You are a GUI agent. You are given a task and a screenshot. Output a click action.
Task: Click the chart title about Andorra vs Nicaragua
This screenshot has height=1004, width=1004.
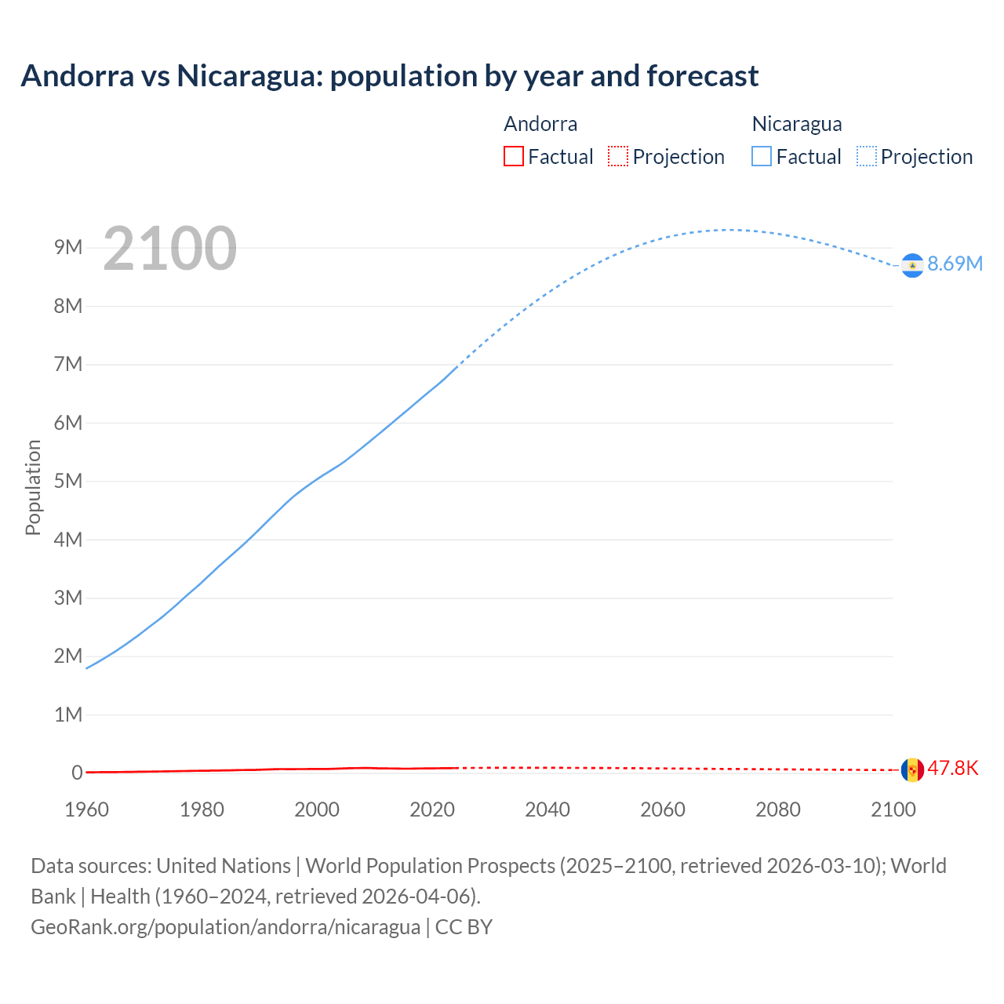click(x=389, y=76)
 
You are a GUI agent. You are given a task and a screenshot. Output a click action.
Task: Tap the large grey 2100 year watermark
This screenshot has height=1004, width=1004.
click(x=169, y=249)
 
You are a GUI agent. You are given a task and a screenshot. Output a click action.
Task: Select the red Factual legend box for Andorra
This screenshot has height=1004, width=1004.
click(x=514, y=157)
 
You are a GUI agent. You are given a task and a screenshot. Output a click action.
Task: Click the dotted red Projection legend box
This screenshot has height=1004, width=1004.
click(x=618, y=157)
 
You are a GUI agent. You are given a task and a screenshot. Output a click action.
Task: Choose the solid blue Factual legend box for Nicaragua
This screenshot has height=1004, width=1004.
click(x=762, y=157)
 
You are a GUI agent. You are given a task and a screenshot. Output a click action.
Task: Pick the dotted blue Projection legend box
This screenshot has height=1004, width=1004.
click(x=867, y=157)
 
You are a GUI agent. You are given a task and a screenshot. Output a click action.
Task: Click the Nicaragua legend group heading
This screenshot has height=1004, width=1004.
click(x=797, y=124)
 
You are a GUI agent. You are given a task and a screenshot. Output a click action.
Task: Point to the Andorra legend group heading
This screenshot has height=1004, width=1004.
click(x=540, y=124)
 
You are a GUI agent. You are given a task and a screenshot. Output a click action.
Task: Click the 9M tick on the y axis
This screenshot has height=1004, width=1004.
click(x=68, y=248)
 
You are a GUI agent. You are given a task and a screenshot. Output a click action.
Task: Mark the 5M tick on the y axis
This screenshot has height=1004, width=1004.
click(x=68, y=481)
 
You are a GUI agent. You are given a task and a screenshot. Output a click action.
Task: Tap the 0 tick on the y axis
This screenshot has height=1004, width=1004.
click(x=77, y=773)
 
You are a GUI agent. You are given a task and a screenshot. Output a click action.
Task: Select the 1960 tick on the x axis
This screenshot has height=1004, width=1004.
click(x=86, y=809)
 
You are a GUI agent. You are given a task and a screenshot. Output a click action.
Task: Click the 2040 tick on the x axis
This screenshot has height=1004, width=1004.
click(x=547, y=809)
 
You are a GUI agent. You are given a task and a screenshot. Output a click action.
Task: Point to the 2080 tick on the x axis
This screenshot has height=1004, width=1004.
click(x=778, y=809)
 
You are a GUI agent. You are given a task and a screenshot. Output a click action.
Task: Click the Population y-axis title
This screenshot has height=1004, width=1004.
click(x=33, y=487)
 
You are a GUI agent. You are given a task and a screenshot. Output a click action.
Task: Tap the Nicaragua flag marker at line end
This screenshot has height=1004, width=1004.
click(x=912, y=266)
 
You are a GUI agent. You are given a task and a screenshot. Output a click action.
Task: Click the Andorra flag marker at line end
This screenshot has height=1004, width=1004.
click(x=912, y=769)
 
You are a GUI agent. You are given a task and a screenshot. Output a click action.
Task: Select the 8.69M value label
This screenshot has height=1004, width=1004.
click(x=955, y=264)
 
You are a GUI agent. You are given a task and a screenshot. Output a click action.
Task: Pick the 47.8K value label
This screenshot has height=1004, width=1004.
click(x=953, y=768)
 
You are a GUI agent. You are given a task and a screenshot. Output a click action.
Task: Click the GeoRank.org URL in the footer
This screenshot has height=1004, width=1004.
click(x=225, y=927)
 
